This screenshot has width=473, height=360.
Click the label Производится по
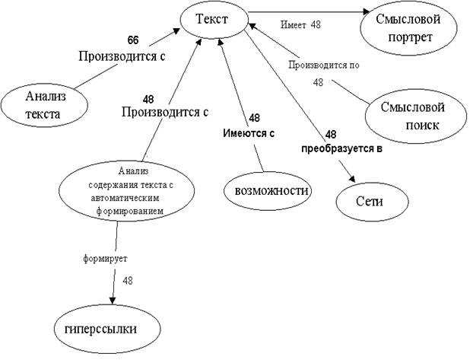click(x=323, y=65)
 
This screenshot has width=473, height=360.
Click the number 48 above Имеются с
click(x=255, y=118)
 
